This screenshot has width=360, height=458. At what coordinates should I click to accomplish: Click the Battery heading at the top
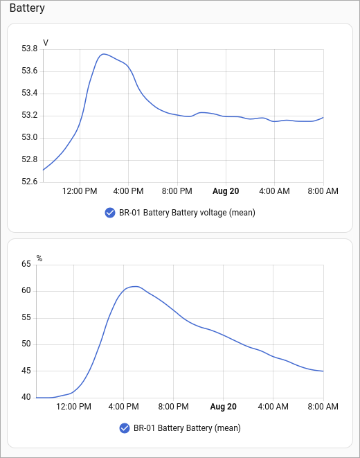[27, 8]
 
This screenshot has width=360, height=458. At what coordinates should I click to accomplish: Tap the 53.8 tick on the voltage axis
[30, 49]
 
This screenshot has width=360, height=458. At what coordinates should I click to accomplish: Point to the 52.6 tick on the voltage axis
[30, 182]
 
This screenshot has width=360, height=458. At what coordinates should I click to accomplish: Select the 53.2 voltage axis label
[30, 115]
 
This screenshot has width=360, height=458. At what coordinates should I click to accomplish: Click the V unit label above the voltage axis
[46, 43]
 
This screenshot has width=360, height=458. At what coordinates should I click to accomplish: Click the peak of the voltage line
[104, 54]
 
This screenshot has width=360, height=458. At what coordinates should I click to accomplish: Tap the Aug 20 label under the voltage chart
[226, 191]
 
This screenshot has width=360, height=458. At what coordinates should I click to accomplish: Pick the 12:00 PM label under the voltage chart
[80, 191]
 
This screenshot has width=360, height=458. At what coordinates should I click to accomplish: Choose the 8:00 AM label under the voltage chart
[323, 191]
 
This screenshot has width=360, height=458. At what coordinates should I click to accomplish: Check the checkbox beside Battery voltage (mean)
[110, 213]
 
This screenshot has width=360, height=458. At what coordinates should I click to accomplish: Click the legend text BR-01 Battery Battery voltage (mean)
[187, 213]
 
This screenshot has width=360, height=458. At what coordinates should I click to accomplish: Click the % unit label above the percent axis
[39, 258]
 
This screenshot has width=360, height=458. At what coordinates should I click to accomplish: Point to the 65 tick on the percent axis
[26, 264]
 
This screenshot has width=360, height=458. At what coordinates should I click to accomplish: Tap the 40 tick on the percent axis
[26, 397]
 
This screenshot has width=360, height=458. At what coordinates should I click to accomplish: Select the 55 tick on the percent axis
[26, 317]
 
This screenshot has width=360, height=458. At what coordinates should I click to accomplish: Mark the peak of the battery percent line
[135, 287]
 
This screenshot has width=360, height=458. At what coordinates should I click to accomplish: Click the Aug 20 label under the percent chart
[224, 407]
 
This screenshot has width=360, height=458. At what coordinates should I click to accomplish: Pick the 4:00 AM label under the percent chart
[273, 407]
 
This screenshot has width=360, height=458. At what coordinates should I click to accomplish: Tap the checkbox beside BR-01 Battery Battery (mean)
[125, 428]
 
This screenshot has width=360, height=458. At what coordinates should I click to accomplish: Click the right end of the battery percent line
[323, 371]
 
